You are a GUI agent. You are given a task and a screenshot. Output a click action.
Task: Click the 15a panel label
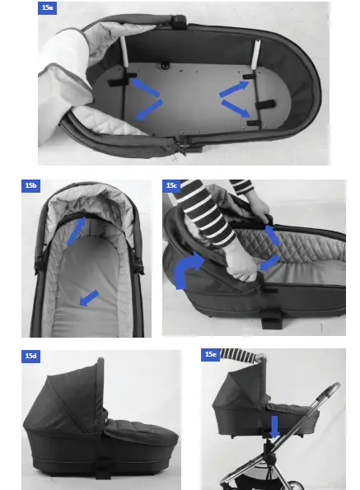coord(49,7)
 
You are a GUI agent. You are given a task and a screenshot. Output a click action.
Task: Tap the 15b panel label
coord(30,186)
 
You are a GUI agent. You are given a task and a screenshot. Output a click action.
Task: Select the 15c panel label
coord(173,186)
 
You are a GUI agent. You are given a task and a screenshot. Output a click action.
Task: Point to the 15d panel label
coord(30,356)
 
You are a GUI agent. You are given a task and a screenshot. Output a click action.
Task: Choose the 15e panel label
coord(210,355)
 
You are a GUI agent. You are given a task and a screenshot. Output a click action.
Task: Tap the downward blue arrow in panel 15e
coord(274,427)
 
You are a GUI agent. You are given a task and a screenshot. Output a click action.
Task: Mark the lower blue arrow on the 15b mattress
coord(88,297)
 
